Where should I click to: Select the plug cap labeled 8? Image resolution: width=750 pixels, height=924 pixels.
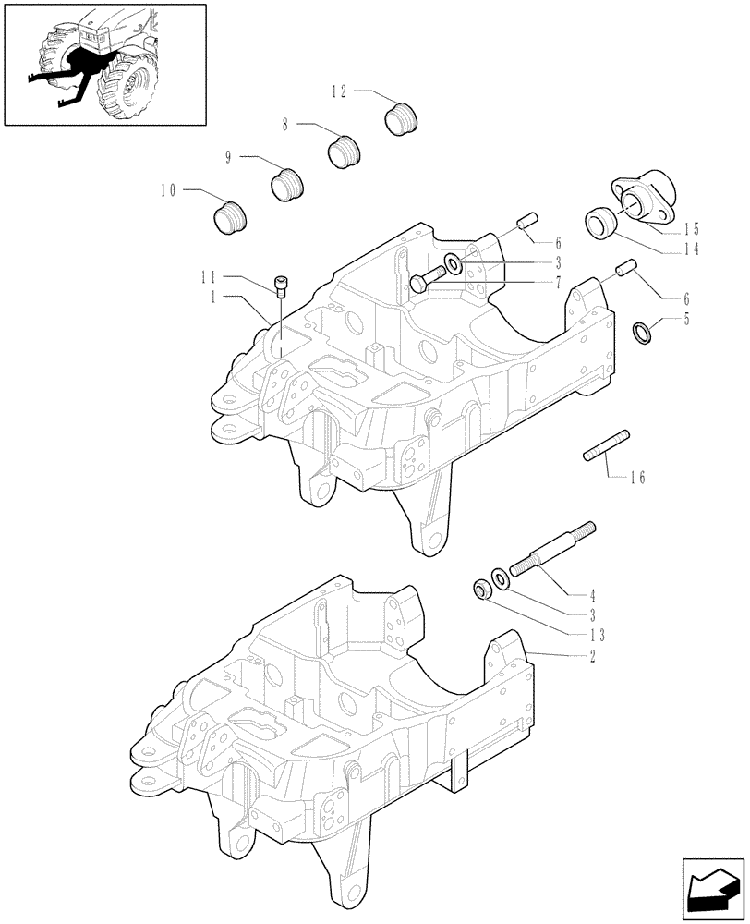(345, 152)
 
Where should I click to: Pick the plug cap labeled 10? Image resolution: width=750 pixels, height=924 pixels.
(230, 219)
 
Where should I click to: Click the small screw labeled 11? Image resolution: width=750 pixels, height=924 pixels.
(281, 285)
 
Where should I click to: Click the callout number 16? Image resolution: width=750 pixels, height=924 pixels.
(636, 478)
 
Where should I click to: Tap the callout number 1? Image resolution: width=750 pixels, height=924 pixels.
(213, 297)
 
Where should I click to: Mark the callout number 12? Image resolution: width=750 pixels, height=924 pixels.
(339, 91)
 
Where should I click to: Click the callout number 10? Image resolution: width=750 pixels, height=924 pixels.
(167, 190)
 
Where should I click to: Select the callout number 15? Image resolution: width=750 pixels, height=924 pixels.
(692, 229)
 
